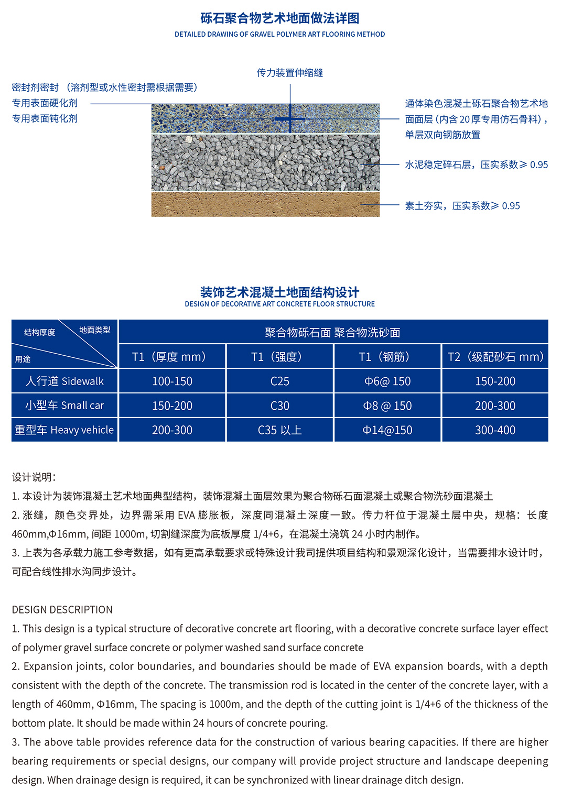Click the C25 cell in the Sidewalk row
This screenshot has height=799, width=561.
(279, 381)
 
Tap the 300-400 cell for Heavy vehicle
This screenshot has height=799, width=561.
(495, 430)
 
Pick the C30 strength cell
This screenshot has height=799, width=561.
(279, 406)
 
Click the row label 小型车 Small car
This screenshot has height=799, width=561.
(64, 406)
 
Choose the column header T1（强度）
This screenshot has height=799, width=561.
(279, 357)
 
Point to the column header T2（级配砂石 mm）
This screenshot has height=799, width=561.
(495, 357)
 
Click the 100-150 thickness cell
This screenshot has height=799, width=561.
(172, 381)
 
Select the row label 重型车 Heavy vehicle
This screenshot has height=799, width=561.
(64, 430)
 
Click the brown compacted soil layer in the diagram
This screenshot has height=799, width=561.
(265, 204)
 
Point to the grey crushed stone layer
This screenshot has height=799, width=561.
(265, 162)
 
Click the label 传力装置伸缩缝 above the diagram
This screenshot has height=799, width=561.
(289, 73)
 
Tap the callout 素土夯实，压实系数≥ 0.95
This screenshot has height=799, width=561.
(462, 206)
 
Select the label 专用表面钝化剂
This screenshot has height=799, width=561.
(45, 118)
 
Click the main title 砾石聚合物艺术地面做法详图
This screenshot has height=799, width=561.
(280, 18)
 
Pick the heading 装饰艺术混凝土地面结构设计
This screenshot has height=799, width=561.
(280, 292)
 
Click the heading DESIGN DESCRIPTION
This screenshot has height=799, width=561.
(62, 609)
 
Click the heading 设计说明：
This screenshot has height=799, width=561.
(34, 477)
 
